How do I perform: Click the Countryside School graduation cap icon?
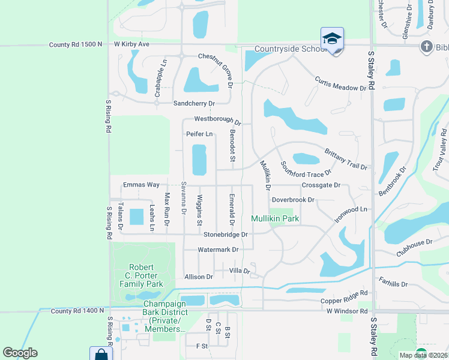coord(332,38)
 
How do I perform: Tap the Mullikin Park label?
coord(275,218)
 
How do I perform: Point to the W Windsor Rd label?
coord(347,311)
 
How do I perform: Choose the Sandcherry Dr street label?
coord(194,103)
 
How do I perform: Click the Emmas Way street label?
coord(141,185)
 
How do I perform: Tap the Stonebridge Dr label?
coord(226,235)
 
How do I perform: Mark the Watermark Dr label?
coord(218,250)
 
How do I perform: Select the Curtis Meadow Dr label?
coord(340,84)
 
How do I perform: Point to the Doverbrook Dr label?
coord(293,200)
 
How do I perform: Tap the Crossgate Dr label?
coord(321,185)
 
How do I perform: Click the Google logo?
coord(20,353)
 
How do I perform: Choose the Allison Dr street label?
coord(199,277)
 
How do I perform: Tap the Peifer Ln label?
coord(200,134)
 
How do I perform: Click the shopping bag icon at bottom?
coord(101,355)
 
